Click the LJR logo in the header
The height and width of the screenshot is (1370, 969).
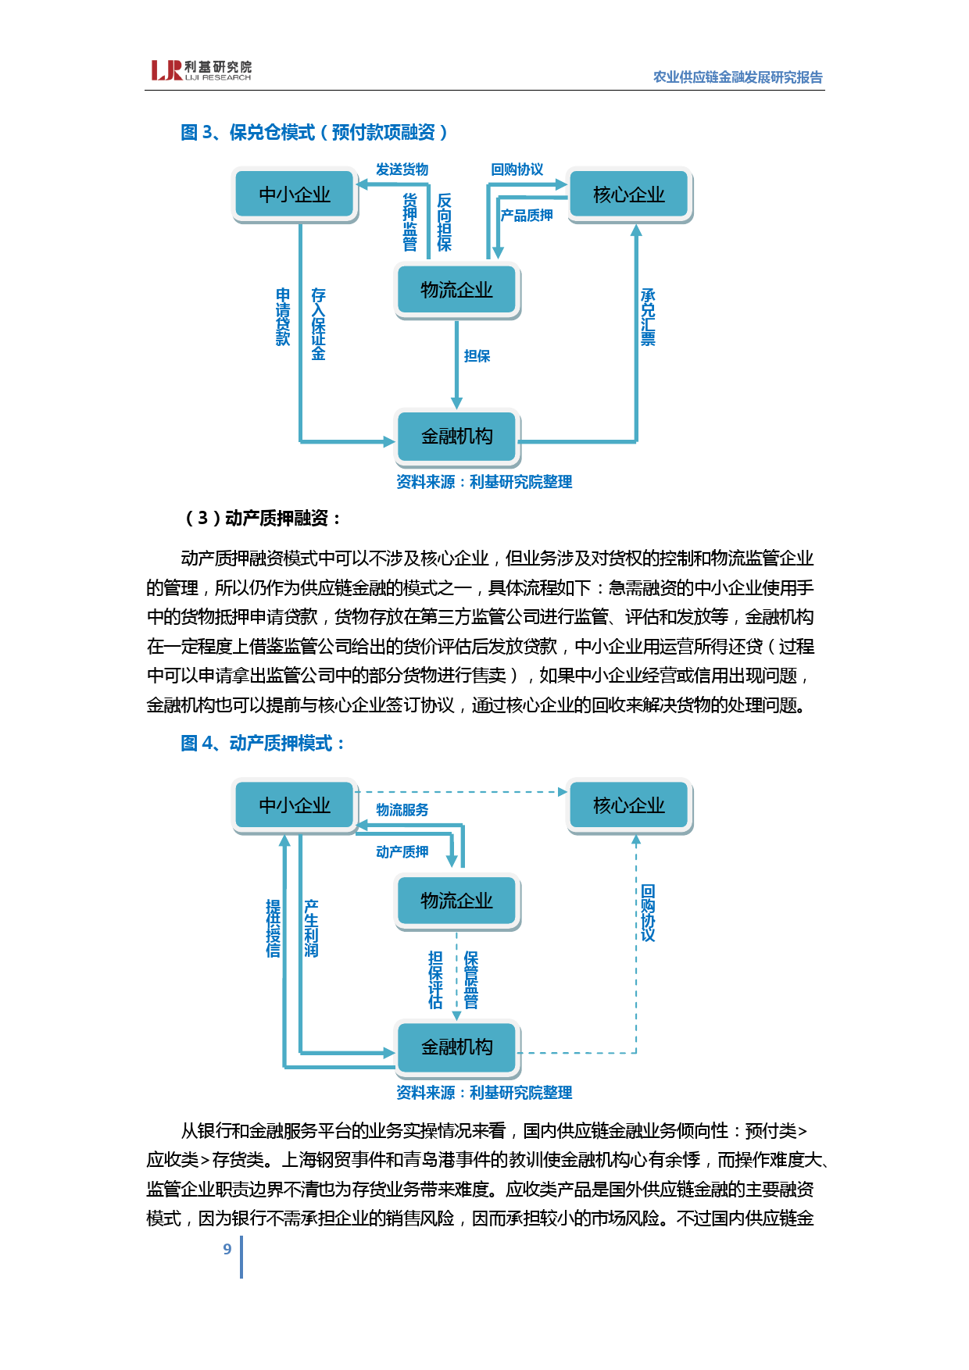point(201,70)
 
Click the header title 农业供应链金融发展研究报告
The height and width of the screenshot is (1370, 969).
point(737,77)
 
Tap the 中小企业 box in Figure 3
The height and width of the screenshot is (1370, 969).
point(295,194)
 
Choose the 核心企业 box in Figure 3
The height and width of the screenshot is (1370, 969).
point(629,194)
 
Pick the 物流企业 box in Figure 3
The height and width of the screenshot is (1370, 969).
point(457,291)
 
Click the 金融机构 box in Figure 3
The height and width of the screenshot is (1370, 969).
point(457,436)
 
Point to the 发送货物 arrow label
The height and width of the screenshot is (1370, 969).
point(402,169)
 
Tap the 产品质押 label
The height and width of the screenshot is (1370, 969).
point(527,216)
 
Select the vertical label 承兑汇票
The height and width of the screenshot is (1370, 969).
point(648,317)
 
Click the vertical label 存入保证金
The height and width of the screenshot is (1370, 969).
point(318,324)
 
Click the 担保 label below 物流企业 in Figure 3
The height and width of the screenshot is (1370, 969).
point(477,356)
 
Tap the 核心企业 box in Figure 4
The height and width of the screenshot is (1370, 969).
point(629,805)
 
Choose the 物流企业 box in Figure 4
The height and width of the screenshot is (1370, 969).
point(457,901)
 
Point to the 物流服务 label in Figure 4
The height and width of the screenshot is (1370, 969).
point(402,810)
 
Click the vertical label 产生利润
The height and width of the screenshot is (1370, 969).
point(311,928)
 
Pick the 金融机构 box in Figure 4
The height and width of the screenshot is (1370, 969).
point(457,1047)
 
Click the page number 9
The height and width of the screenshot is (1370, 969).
point(227,1249)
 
